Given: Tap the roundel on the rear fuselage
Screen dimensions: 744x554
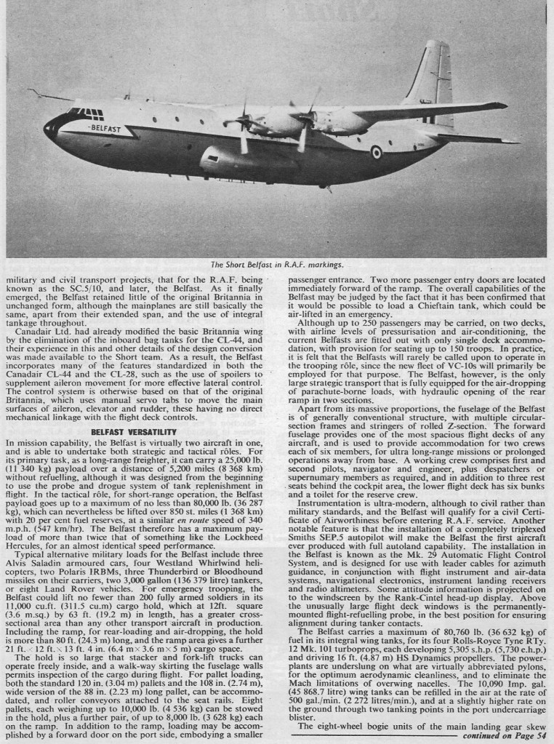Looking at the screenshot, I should pos(377,152).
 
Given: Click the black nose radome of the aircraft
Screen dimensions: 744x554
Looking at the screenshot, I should pos(50,128).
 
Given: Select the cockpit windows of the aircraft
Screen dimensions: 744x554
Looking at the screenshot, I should pos(87,113).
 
